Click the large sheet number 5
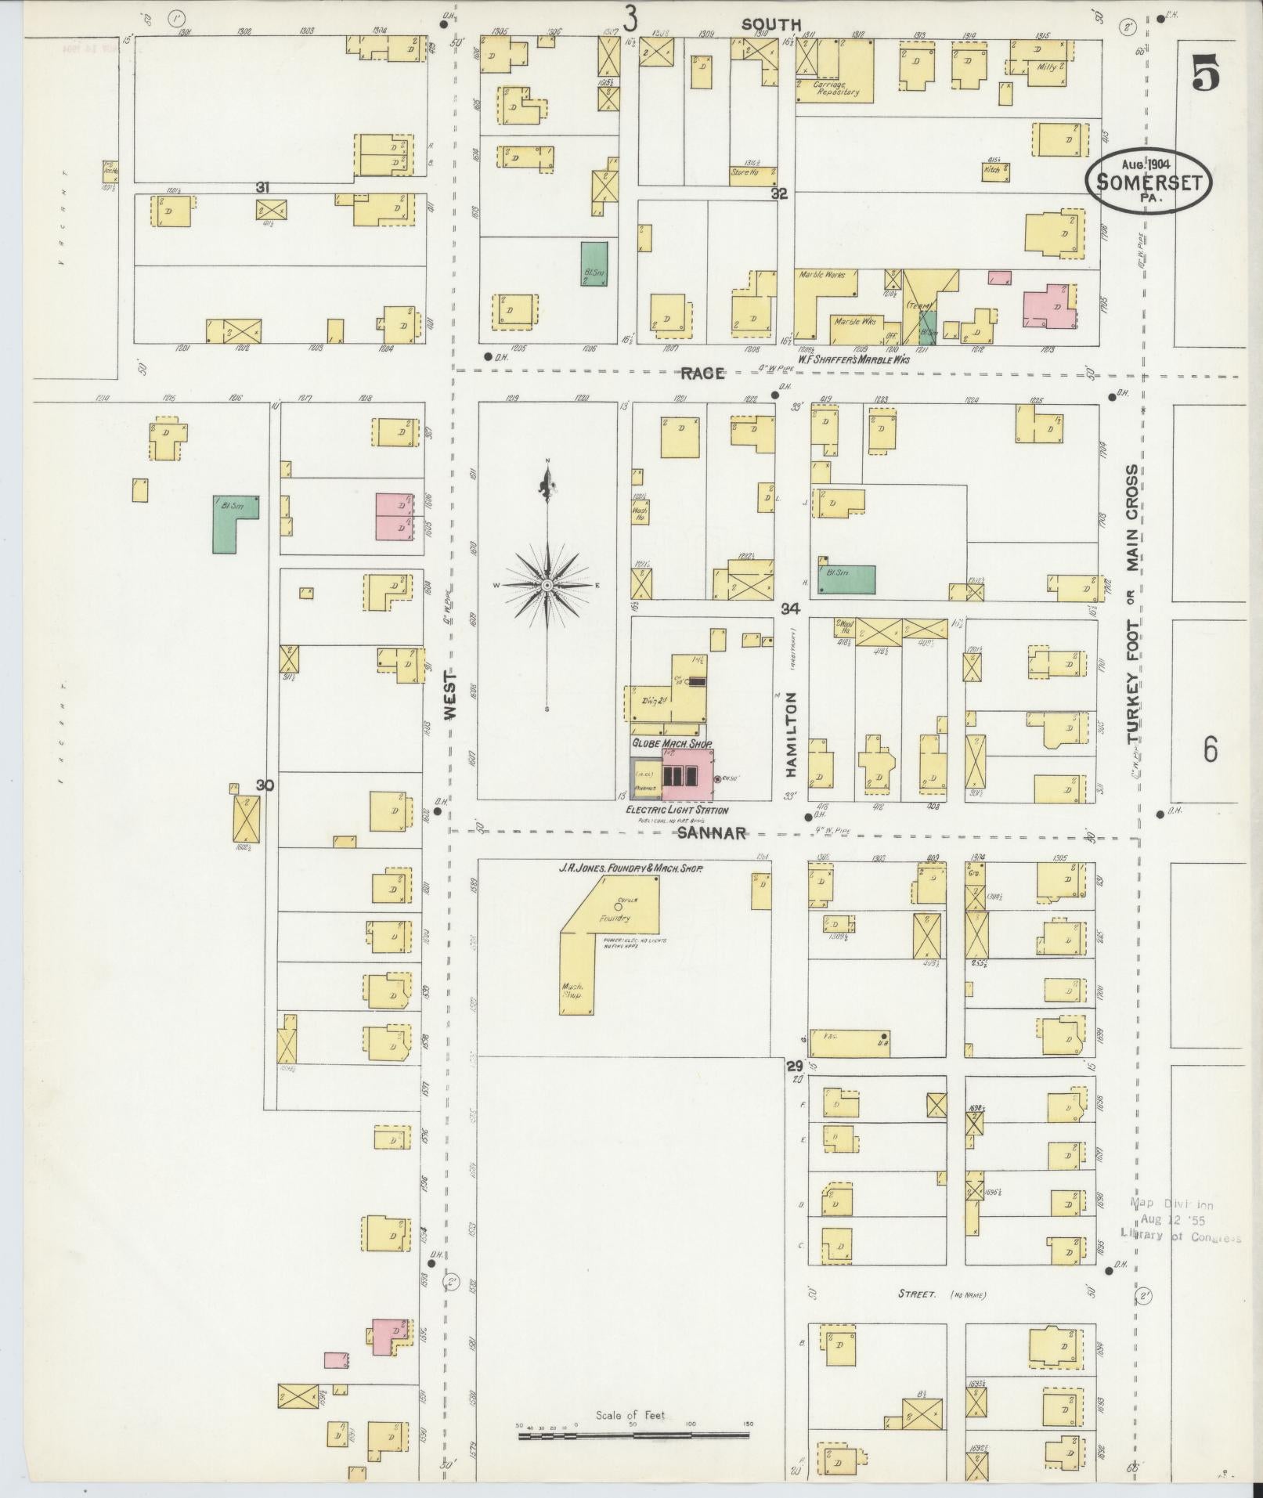(1206, 76)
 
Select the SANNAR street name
(711, 833)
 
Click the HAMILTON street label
(791, 734)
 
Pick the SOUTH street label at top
(771, 24)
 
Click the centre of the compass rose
(547, 585)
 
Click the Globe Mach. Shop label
(672, 742)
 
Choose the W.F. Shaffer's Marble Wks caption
(853, 360)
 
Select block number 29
(794, 1066)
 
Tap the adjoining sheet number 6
(1211, 750)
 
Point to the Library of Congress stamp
(1181, 1242)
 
